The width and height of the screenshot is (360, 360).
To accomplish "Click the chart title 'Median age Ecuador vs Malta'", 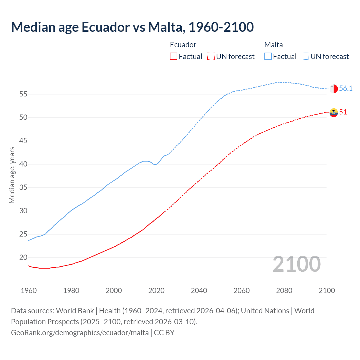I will pyautogui.click(x=132, y=27).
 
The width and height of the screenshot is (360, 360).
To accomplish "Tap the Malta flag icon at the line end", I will pyautogui.click(x=334, y=89).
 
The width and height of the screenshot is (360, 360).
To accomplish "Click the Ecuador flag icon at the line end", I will pyautogui.click(x=334, y=112).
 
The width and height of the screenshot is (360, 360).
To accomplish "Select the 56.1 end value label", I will pyautogui.click(x=346, y=89).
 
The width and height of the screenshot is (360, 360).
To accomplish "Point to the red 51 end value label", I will pyautogui.click(x=343, y=112).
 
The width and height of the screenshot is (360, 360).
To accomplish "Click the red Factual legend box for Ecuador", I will pyautogui.click(x=174, y=56).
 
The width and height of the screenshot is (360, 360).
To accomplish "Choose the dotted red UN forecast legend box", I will pyautogui.click(x=211, y=56).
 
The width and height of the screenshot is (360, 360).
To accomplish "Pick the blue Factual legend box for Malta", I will pyautogui.click(x=268, y=56).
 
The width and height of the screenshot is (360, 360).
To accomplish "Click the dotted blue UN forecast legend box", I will pyautogui.click(x=305, y=56).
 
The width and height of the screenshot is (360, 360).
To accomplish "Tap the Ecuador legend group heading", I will pyautogui.click(x=183, y=45).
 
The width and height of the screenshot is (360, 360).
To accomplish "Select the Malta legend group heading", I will pyautogui.click(x=273, y=45).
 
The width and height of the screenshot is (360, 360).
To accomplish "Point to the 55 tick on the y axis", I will pyautogui.click(x=23, y=94).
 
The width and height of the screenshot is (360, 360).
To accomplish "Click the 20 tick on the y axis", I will pyautogui.click(x=23, y=258).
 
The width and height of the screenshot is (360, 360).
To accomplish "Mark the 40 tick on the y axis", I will pyautogui.click(x=23, y=164).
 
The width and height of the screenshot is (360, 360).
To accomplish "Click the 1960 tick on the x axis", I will pyautogui.click(x=29, y=291).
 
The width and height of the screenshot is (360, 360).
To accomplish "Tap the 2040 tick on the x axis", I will pyautogui.click(x=199, y=291).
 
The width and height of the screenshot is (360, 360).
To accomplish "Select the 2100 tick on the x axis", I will pyautogui.click(x=327, y=291).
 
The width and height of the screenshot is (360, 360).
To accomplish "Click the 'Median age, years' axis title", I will pyautogui.click(x=12, y=175).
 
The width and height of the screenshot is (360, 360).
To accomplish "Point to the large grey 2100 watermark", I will pyautogui.click(x=296, y=264).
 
